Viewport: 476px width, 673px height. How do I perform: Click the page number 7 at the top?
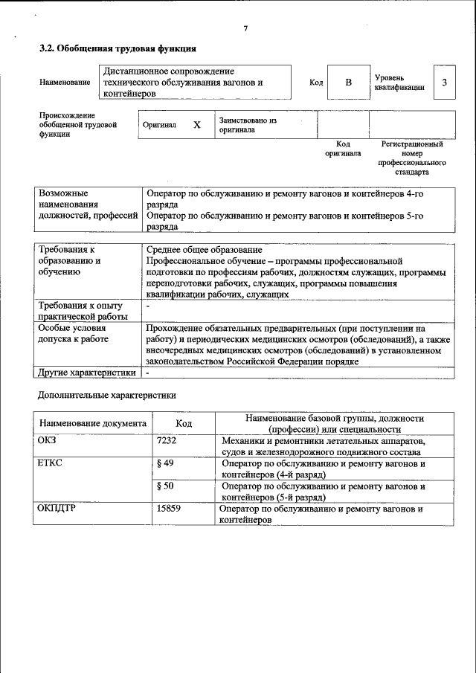pyautogui.click(x=245, y=28)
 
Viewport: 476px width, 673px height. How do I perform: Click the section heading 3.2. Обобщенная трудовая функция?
pyautogui.click(x=118, y=49)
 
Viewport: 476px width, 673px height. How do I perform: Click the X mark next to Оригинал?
pyautogui.click(x=197, y=125)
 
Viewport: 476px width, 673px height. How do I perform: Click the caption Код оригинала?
pyautogui.click(x=343, y=149)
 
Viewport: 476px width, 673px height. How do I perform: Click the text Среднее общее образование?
pyautogui.click(x=204, y=250)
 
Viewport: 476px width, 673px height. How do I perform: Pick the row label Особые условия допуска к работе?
pyautogui.click(x=74, y=333)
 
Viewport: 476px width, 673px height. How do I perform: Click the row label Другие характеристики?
pyautogui.click(x=87, y=372)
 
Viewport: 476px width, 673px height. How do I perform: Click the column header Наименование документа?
pyautogui.click(x=92, y=423)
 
